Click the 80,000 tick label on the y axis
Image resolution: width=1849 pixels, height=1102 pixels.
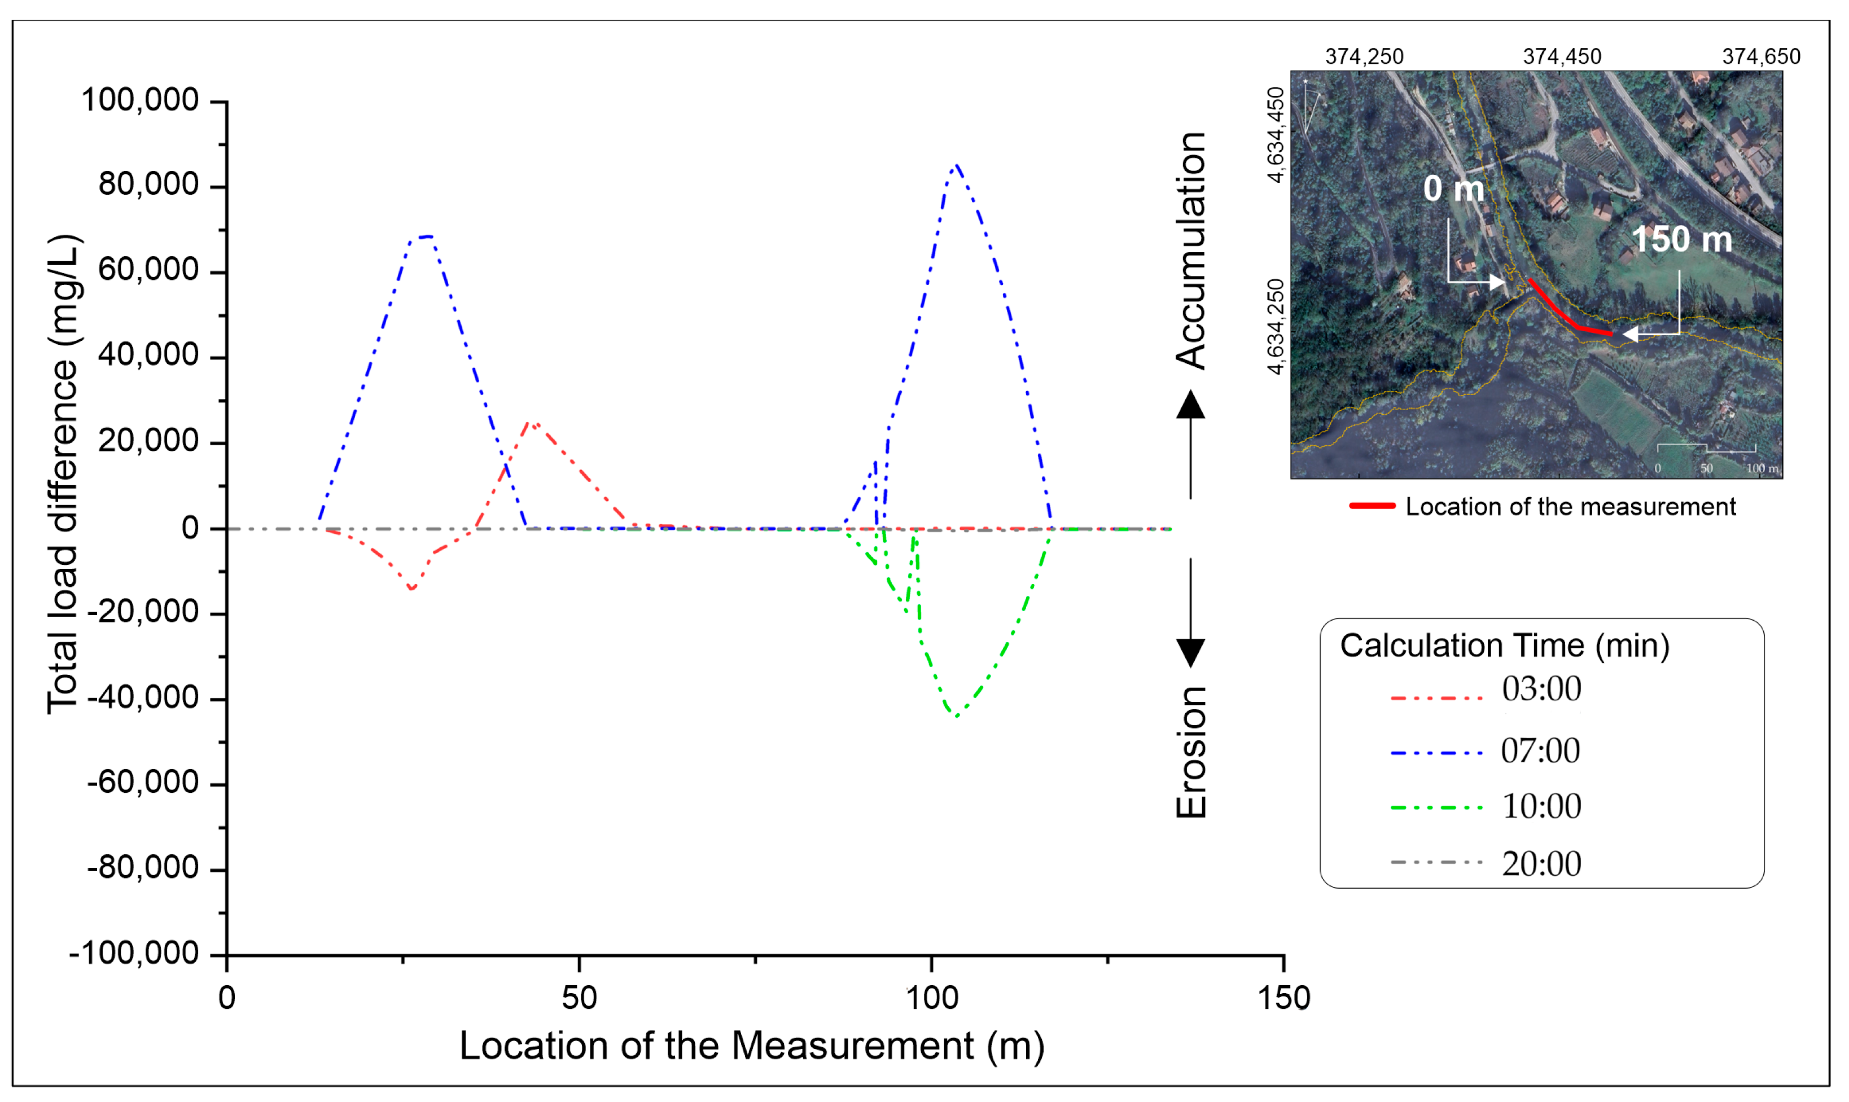click(148, 184)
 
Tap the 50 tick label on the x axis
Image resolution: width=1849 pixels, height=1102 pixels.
click(579, 998)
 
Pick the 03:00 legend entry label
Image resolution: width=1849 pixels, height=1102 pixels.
click(1541, 689)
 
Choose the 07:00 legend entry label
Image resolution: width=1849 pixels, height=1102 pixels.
click(1541, 751)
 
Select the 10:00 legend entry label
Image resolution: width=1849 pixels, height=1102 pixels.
click(1541, 806)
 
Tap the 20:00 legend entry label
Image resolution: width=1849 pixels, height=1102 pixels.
click(1541, 864)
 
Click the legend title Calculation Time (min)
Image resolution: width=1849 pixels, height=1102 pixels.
click(1505, 646)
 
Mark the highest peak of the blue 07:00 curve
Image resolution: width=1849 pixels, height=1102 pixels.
click(957, 165)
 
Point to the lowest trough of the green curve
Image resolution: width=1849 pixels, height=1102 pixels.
click(957, 716)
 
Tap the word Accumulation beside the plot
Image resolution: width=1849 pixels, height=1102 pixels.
click(1190, 251)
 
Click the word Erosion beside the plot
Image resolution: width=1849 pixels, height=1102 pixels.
click(1191, 752)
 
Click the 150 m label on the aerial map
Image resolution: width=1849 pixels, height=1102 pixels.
click(1682, 240)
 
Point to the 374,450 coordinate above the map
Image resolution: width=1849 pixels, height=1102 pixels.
click(1562, 56)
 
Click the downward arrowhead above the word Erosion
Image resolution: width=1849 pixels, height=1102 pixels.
click(1191, 653)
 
